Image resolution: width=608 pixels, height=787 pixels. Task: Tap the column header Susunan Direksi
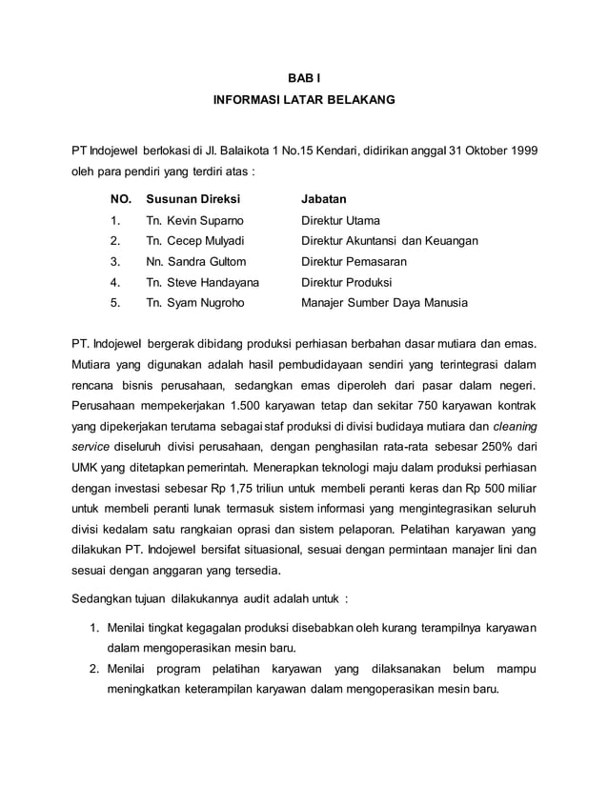coord(193,199)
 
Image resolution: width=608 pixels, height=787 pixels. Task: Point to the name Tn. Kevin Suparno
coord(193,220)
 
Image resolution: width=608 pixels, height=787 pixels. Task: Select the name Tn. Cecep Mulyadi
coord(194,241)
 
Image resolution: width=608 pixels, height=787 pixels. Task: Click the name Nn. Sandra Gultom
coord(195,262)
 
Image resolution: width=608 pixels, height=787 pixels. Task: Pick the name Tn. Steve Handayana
coord(202,283)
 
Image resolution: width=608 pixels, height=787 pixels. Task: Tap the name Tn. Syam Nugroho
coord(193,304)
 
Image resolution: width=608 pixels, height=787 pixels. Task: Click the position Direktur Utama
coord(340,220)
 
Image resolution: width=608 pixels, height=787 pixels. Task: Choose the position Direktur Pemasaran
coord(354,262)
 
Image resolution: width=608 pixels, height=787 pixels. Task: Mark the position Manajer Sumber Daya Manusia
coord(384,304)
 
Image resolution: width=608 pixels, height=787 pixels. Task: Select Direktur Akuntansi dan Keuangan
coord(390,241)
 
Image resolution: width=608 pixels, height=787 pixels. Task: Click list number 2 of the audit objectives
coord(95,670)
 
